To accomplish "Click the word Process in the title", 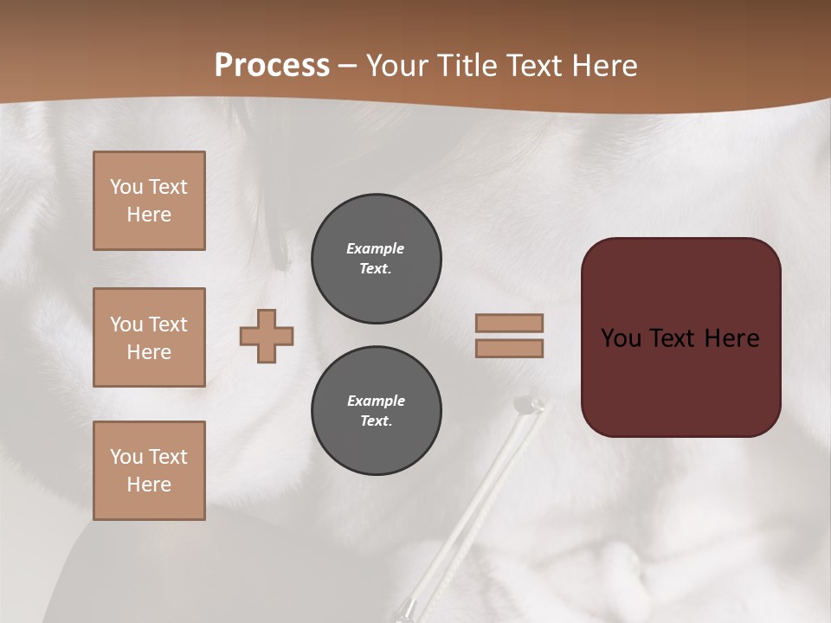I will click(272, 66).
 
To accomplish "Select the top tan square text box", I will click(149, 201).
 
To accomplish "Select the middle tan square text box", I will click(149, 337).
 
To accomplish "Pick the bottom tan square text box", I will click(149, 471).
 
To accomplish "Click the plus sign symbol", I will click(267, 336).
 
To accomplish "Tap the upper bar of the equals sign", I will click(509, 323).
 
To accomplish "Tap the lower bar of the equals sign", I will click(509, 348).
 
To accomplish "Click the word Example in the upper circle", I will click(375, 248).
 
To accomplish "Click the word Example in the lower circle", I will click(376, 401).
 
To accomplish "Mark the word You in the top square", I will click(126, 187).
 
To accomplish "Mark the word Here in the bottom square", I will click(149, 485).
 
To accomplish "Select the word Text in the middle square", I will click(168, 324).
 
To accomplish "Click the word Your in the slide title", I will click(397, 66).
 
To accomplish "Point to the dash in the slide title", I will click(347, 66).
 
